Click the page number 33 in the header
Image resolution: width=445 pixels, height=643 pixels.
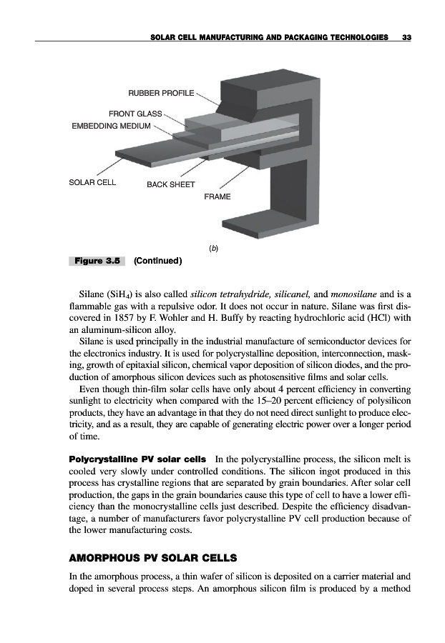pos(406,36)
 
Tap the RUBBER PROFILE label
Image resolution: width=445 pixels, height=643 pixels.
pos(161,94)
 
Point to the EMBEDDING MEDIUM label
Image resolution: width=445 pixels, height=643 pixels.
pos(111,126)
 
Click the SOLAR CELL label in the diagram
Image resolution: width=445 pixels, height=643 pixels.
pos(92,181)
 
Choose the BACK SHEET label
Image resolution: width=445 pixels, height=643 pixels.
pos(170,185)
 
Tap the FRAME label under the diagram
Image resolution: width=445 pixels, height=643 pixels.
pos(217,196)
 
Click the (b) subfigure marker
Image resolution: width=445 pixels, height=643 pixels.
pos(213,248)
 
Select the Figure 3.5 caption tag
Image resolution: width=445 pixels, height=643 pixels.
pos(97,261)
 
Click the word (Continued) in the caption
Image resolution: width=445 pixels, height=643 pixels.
pos(158,261)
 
